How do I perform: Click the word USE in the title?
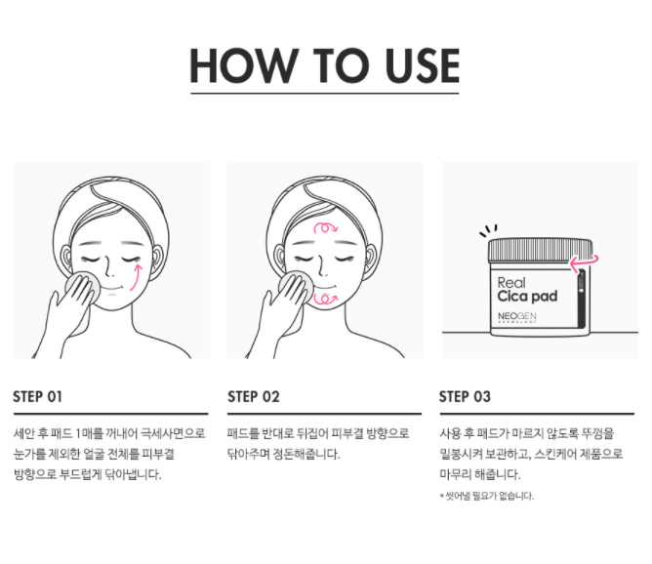coord(422,65)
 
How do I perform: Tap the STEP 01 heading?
coord(37,396)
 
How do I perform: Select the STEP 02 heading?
coord(253,396)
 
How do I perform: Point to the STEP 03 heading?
coord(465,396)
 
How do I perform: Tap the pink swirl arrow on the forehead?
coord(326,227)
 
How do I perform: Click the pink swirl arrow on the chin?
coord(325,300)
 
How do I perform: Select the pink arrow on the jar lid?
coord(584,262)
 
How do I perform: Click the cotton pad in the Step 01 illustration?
coord(83,287)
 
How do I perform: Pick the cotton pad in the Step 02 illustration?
coord(296,287)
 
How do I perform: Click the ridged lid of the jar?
coord(540,250)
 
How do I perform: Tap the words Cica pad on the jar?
coord(527,297)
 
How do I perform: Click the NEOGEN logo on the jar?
coord(517,317)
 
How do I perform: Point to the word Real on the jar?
coord(511,283)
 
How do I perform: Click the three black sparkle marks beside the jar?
coord(488,230)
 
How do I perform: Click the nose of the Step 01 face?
coord(108,268)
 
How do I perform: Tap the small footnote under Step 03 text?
coord(486,496)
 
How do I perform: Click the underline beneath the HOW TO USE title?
coord(325,93)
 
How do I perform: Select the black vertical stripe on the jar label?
coord(582,298)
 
